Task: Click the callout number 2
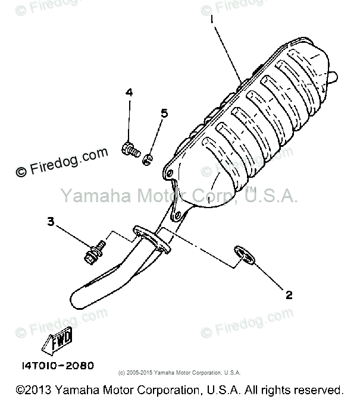[x=289, y=294]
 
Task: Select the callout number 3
[x=51, y=222]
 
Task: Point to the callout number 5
[x=164, y=113]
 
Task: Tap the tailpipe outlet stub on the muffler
[x=332, y=76]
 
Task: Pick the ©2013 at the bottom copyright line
[x=34, y=389]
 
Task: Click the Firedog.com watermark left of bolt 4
[x=62, y=162]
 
